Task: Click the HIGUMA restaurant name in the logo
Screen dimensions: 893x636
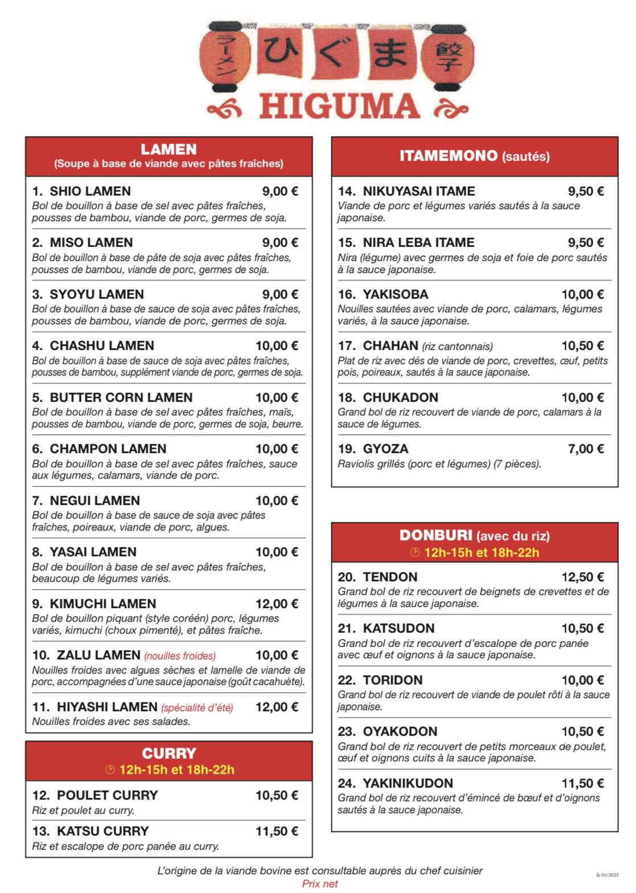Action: coord(339,107)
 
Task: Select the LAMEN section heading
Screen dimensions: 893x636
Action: coord(169,149)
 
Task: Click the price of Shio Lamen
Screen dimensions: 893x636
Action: coord(280,191)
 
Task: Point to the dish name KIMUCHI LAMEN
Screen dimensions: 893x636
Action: coord(102,604)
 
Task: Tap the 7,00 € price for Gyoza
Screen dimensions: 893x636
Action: coord(585,449)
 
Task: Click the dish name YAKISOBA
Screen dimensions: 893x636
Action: coord(395,295)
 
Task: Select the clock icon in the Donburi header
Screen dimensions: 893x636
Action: coord(415,552)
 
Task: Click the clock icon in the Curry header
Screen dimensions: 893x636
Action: coord(110,770)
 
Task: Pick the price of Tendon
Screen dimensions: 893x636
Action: coord(582,577)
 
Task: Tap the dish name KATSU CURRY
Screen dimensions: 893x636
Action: coord(102,831)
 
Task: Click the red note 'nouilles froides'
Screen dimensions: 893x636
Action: coord(180,656)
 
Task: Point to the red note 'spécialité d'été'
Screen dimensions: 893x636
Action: coord(197,708)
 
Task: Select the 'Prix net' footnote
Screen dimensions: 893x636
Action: coord(319,884)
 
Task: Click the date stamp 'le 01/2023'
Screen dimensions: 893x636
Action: coord(607,875)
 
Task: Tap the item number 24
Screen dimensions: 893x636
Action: coord(347,784)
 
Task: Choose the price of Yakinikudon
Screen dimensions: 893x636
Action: coord(582,784)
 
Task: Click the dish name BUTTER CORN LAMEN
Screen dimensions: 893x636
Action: coord(121,398)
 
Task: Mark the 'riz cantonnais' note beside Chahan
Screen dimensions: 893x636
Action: coord(457,346)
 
